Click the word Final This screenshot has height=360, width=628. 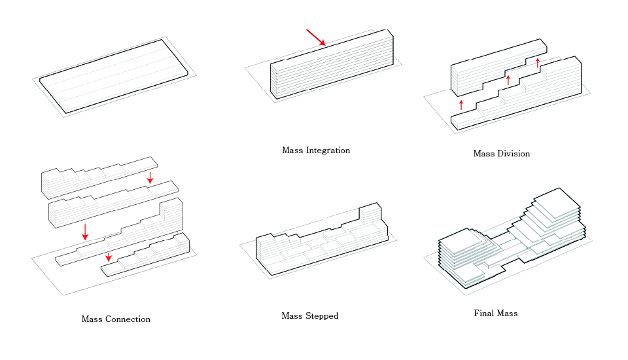pos(484,314)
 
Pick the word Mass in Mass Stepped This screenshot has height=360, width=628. pos(292,316)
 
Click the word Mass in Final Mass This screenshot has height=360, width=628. pos(507,314)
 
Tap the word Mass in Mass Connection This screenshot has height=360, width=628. pos(92,319)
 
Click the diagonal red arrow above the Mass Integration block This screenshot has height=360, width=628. pos(316,37)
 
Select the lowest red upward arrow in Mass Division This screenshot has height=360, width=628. pos(461,105)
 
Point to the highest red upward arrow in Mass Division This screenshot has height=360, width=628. pos(538,63)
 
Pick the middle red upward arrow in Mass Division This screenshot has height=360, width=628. pos(508,81)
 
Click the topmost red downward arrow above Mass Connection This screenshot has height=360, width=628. pos(150,177)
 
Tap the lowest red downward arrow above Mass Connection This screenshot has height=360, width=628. pos(109,257)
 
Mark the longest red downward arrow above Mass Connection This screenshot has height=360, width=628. pos(85,231)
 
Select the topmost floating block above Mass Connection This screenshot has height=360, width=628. pos(98,175)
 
